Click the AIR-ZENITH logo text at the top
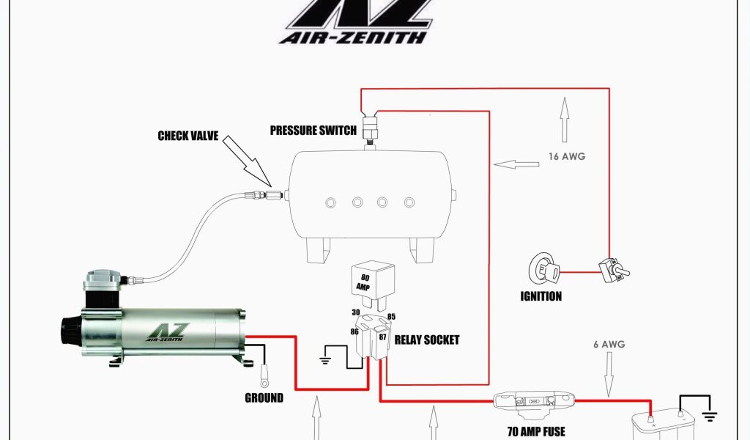[x=355, y=36]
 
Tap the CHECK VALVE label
[x=188, y=136]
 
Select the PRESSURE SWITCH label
[x=313, y=131]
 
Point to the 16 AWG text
[x=567, y=156]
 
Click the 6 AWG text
[x=608, y=344]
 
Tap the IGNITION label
[x=541, y=296]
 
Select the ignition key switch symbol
[x=545, y=269]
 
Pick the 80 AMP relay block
[x=373, y=282]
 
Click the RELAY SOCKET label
[x=427, y=340]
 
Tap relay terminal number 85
[x=392, y=318]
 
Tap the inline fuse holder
[x=533, y=402]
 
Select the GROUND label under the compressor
[x=264, y=398]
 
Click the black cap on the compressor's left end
[x=70, y=330]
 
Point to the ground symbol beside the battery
[x=709, y=415]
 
